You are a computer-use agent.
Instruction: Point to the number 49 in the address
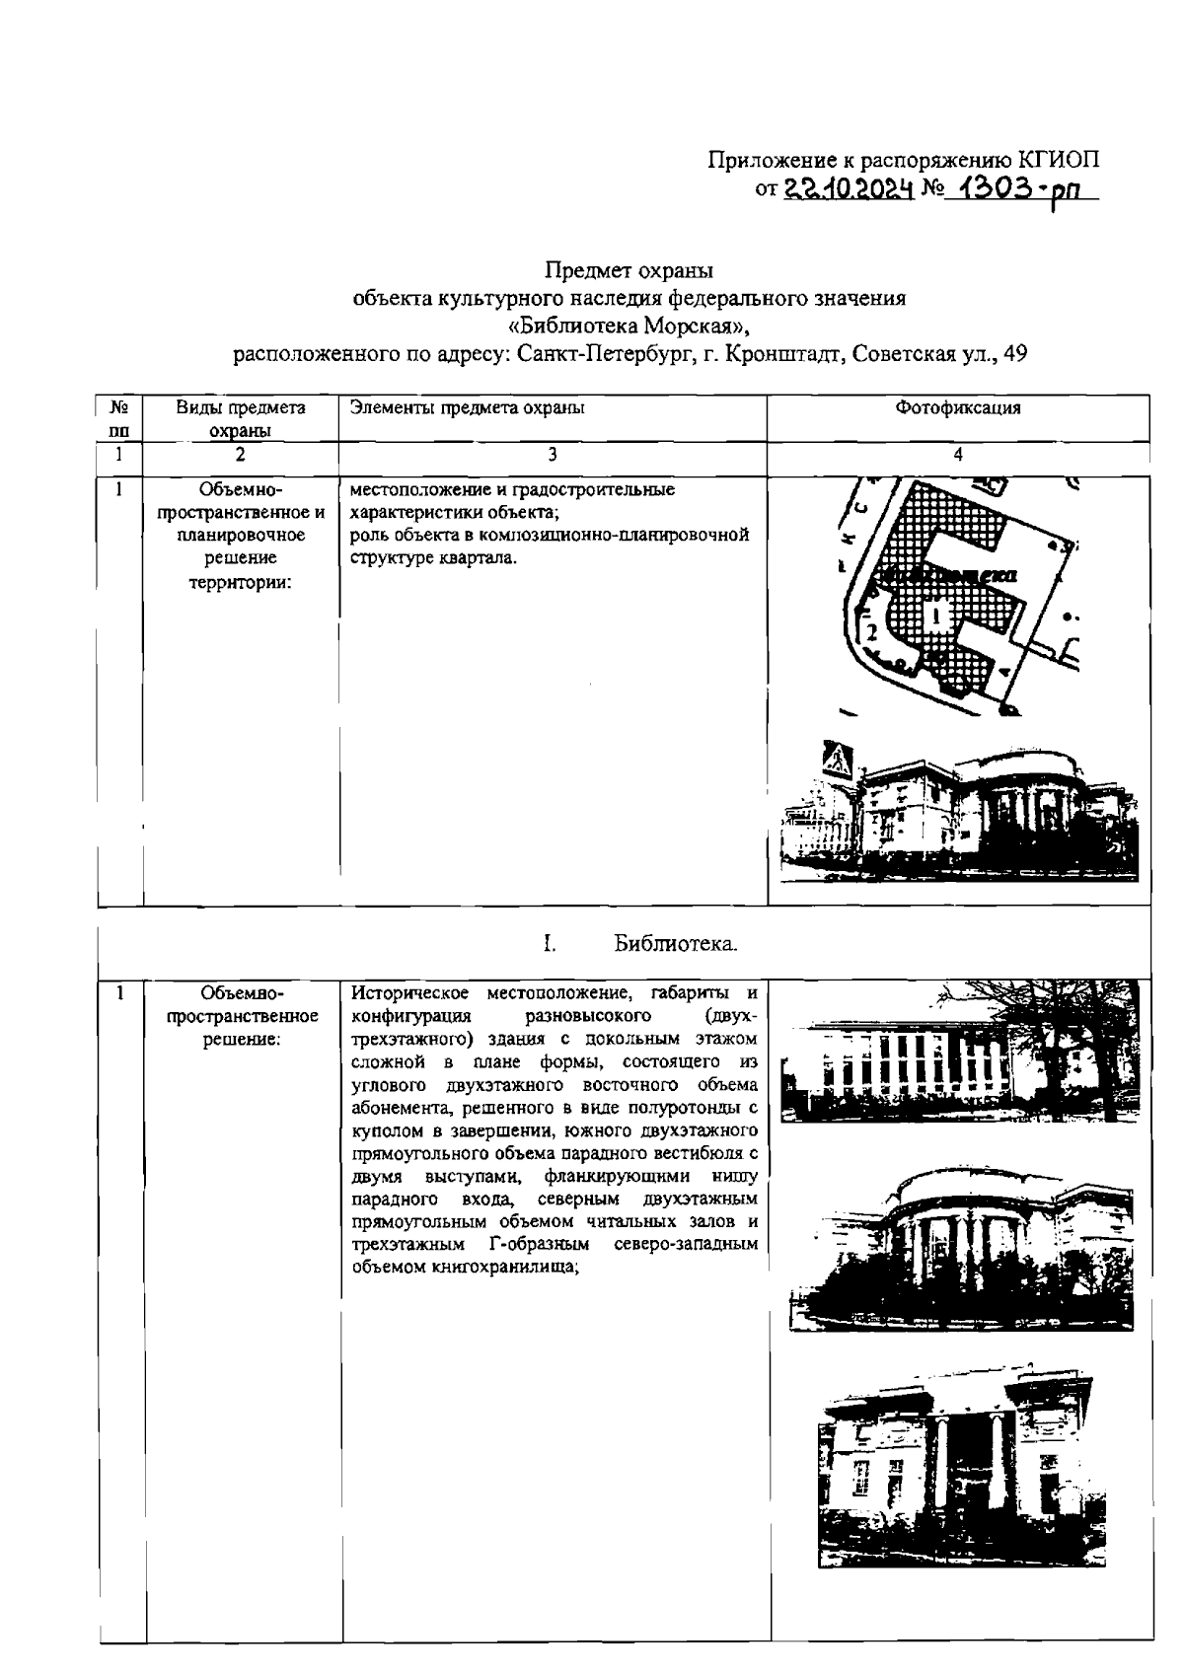pos(1015,354)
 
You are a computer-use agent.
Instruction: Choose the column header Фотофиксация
pos(957,407)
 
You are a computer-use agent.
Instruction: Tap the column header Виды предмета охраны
pos(240,418)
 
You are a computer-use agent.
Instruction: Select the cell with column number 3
pos(552,455)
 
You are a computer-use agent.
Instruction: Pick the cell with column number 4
pos(957,455)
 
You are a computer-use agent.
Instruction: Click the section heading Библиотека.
pos(676,944)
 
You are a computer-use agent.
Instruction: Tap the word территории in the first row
pos(240,581)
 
